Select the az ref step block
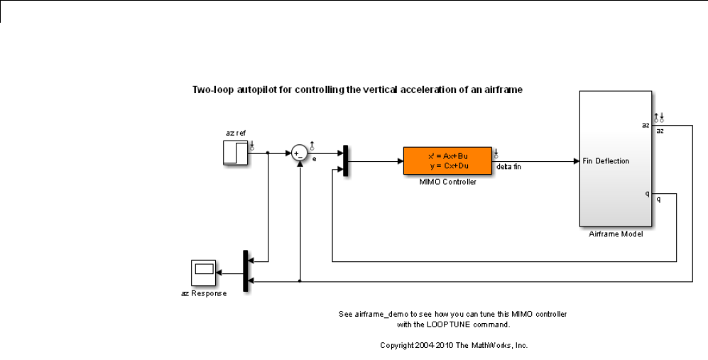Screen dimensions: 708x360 [x=235, y=152]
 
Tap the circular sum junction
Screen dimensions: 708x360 [x=299, y=152]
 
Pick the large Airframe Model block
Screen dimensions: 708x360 [x=615, y=160]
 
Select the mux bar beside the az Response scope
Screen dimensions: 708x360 [x=245, y=271]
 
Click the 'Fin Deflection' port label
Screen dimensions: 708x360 [x=606, y=161]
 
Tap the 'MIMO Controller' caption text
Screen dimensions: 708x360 [x=447, y=182]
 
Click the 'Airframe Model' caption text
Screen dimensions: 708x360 [x=616, y=234]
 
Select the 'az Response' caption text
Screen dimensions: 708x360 [x=204, y=294]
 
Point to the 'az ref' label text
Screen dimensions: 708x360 [x=235, y=133]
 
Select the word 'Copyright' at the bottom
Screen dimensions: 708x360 [x=398, y=346]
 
